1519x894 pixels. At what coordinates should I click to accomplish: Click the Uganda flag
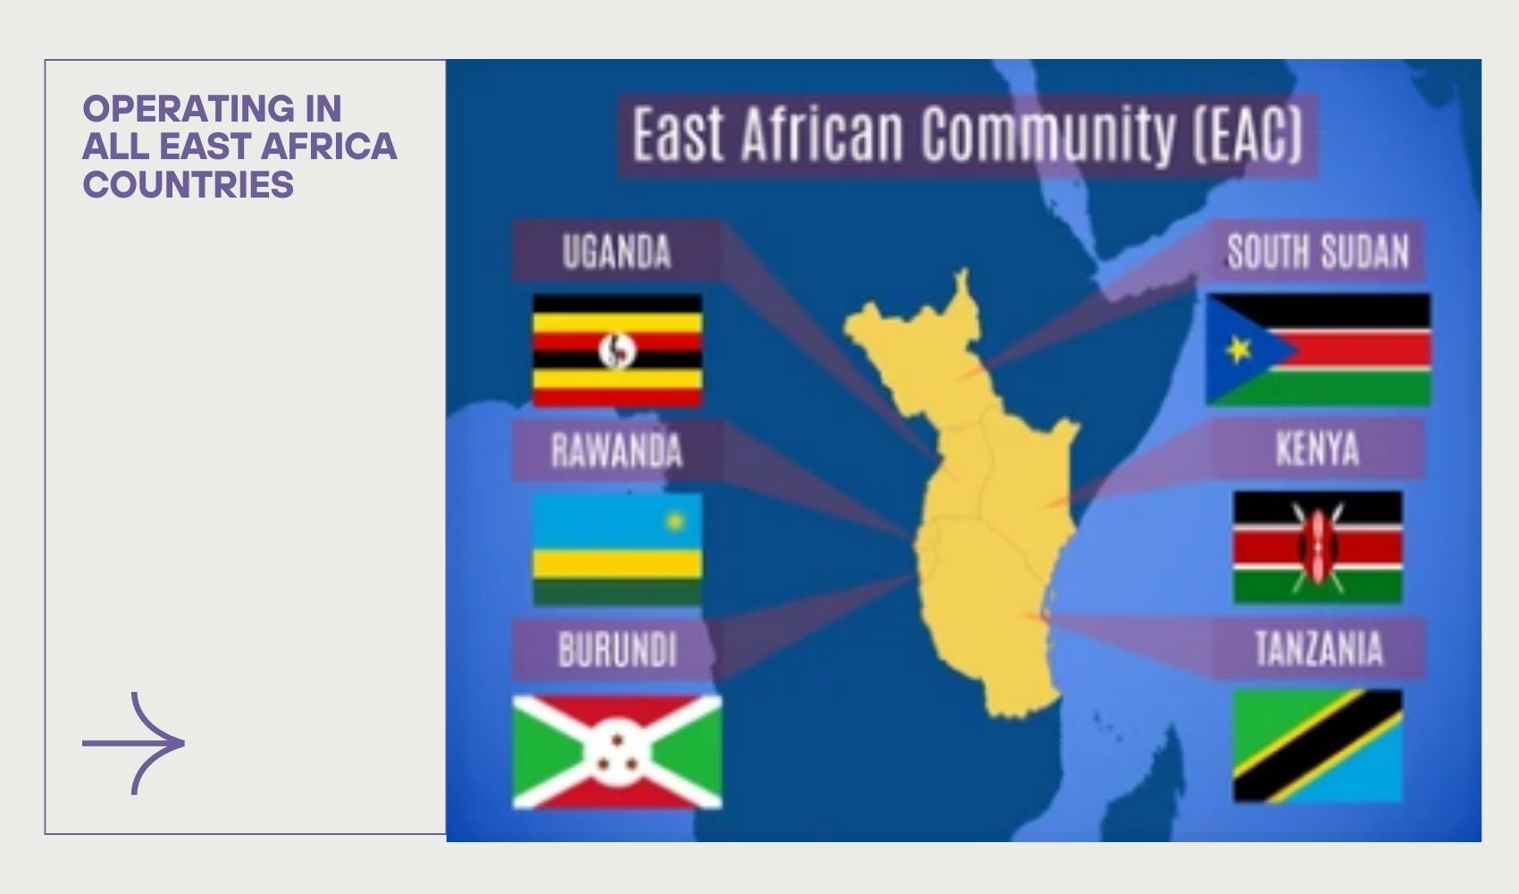617,350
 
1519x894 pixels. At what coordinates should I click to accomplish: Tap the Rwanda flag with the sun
617,550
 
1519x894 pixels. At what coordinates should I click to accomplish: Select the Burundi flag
617,752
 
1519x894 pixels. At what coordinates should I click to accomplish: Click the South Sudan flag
1318,350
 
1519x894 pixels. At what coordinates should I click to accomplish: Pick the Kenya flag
1318,547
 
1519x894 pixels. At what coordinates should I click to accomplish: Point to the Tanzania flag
1318,746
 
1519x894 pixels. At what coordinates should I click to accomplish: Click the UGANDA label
617,251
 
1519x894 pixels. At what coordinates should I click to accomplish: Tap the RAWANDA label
617,451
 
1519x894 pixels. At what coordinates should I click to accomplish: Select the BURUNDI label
617,649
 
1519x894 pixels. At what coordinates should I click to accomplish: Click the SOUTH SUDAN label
1318,251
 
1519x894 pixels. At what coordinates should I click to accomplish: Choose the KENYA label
1318,449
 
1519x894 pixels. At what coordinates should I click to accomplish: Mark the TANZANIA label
1318,648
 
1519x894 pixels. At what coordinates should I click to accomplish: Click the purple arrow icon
134,744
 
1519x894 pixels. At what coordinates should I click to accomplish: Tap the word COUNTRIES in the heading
188,184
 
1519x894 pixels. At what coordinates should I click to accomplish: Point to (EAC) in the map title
1247,133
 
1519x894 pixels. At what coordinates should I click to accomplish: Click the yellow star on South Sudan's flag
1238,350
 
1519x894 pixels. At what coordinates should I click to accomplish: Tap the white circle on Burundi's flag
617,752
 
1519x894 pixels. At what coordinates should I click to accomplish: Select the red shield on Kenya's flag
1317,547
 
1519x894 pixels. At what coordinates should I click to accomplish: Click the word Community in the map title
1048,133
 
